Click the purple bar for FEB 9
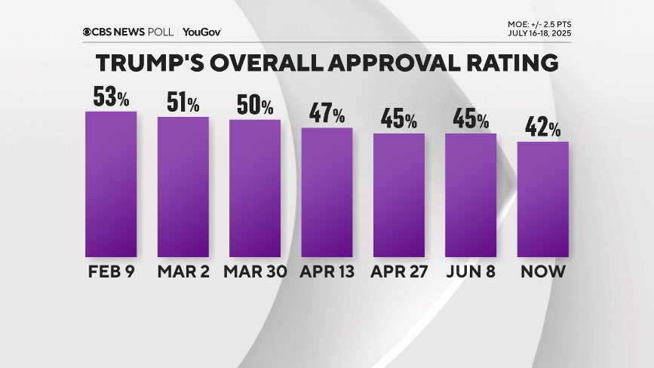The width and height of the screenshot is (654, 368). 111,185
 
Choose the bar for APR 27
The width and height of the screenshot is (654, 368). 399,195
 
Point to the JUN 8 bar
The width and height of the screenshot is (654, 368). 471,195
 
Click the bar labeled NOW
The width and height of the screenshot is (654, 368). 543,199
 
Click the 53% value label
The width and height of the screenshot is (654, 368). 111,97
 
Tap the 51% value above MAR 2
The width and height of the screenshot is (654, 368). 183,103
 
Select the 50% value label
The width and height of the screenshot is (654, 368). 255,106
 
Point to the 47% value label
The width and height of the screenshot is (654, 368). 327,114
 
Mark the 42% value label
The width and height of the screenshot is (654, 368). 543,127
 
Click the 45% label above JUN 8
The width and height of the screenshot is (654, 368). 471,119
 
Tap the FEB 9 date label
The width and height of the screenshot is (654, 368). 111,271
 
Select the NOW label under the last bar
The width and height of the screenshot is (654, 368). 543,271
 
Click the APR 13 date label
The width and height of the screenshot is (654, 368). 327,271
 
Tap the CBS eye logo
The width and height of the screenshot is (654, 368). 88,32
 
